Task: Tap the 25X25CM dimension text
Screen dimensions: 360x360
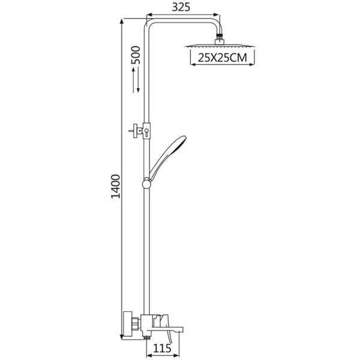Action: (x=223, y=58)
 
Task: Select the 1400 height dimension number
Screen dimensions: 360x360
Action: (x=116, y=187)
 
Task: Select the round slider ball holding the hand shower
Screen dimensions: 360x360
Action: (x=146, y=184)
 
